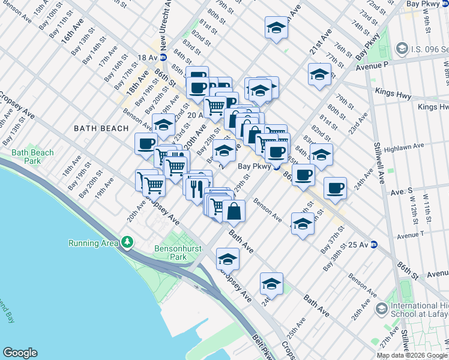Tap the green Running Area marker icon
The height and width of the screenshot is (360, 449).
click(x=127, y=242)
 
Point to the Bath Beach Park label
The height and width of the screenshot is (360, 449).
click(x=32, y=157)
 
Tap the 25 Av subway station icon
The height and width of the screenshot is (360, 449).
click(x=373, y=244)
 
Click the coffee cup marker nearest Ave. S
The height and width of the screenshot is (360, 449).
click(x=335, y=187)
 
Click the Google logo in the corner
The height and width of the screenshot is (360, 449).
click(x=20, y=353)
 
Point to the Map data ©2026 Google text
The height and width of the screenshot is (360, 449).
click(x=412, y=355)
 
